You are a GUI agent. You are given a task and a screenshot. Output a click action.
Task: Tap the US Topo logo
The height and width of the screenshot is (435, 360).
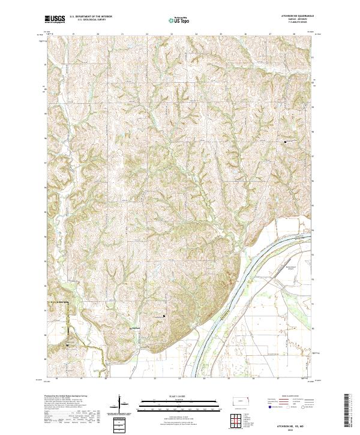pos(180,20)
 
